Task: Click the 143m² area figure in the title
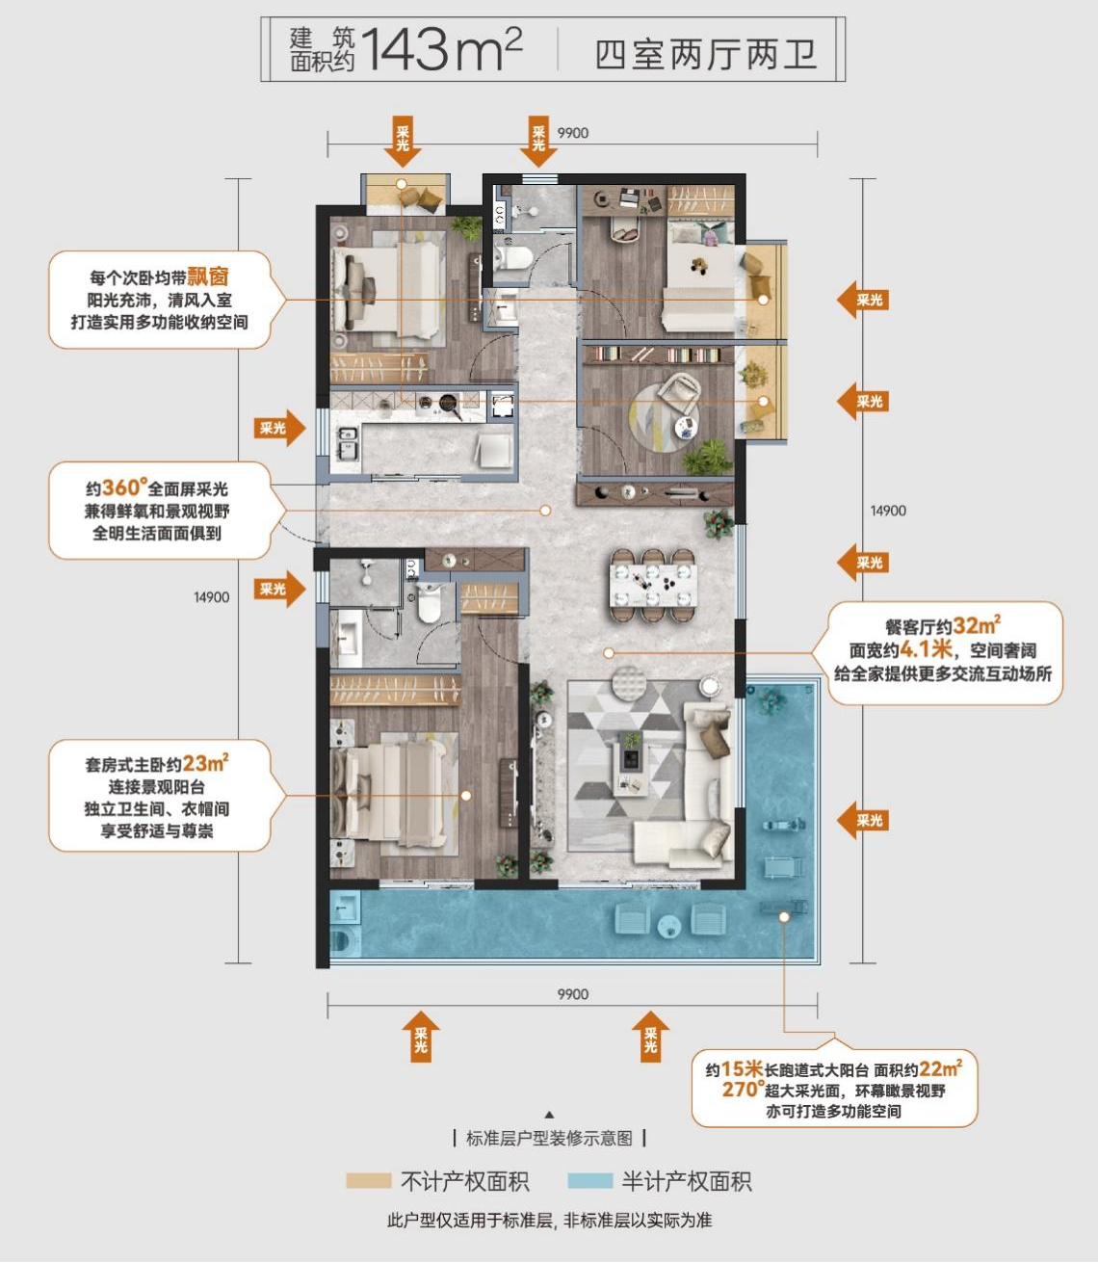pos(441,48)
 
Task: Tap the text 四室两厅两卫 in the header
pos(706,54)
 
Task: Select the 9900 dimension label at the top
pos(573,133)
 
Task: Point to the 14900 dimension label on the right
pos(888,511)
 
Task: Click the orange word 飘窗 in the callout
pos(208,276)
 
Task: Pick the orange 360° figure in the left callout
pos(124,487)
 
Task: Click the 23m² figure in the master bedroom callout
pos(205,764)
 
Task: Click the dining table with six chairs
pos(652,585)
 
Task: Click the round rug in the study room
pos(665,413)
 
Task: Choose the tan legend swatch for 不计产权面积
pos(369,1180)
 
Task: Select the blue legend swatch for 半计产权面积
pos(590,1180)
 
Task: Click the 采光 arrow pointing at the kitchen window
pos(279,428)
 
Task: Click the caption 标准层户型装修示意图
pos(549,1137)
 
